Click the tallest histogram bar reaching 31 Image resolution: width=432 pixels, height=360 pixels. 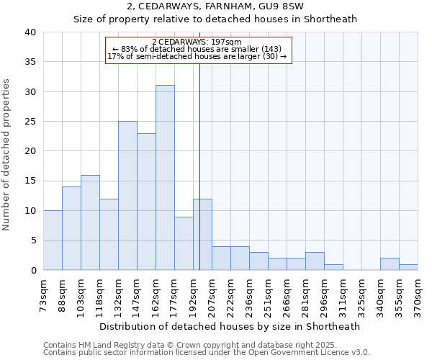point(165,178)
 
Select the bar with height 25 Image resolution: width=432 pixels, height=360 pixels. point(127,196)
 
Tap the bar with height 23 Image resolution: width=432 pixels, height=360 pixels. point(146,202)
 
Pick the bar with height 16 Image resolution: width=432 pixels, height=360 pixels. point(90,222)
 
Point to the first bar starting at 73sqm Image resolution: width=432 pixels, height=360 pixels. point(53,240)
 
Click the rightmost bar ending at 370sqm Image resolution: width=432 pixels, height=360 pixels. point(408,267)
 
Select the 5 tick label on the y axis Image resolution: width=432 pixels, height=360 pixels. point(33,240)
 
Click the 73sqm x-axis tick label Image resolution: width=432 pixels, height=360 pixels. point(43,292)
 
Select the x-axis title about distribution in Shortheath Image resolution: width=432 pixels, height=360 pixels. point(230,326)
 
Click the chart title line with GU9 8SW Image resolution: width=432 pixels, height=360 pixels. point(215,6)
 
